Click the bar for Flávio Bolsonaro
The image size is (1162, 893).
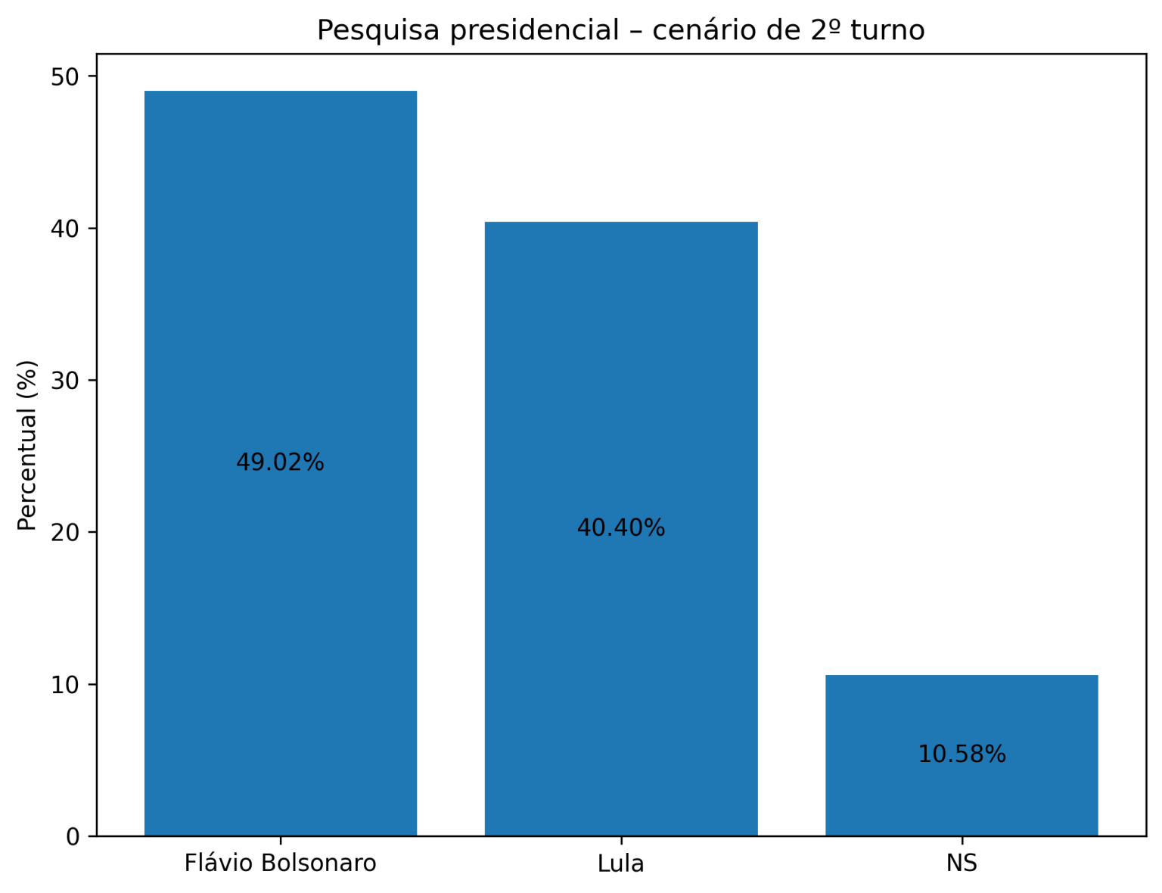click(x=280, y=303)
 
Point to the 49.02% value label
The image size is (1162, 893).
click(x=280, y=462)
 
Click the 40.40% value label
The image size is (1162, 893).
click(x=620, y=528)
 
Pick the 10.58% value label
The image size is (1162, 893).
click(x=962, y=755)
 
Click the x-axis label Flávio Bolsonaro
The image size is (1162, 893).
click(x=280, y=863)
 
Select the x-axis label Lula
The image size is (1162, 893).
click(x=620, y=863)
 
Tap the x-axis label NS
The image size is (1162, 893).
click(x=962, y=863)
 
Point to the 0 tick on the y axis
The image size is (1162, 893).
click(x=73, y=836)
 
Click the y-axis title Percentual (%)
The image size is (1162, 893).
click(x=27, y=445)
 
